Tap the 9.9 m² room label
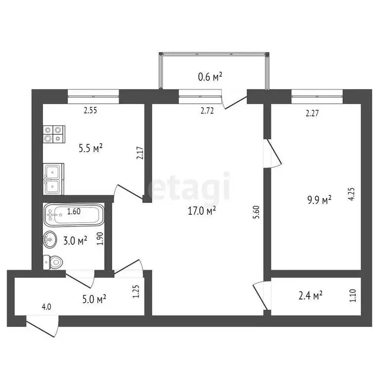pos(319,199)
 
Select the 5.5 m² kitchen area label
pos(91,147)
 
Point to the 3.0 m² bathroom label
pos(76,241)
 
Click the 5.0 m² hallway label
pos(94,299)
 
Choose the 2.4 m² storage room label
pos(311,295)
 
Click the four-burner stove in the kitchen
pos(54,134)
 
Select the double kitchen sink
pos(53,179)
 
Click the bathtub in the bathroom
pos(74,214)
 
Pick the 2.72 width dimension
pos(207,111)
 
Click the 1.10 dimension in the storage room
pos(352,296)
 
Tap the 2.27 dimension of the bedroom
pos(312,114)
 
